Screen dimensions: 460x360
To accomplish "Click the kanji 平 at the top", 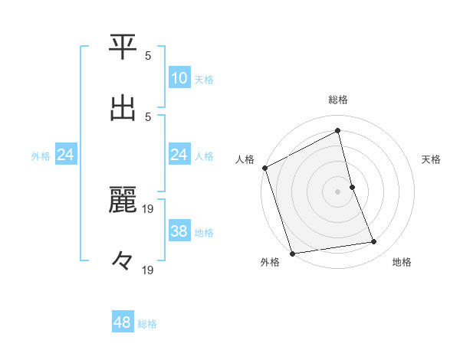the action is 123,47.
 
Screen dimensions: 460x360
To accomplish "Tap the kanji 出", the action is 123,108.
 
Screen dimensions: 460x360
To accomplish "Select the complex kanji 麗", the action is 123,201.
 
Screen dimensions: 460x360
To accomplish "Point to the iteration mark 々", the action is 123,260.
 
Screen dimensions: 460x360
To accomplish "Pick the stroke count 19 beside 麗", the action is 149,208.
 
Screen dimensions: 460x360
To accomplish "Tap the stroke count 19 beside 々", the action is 149,269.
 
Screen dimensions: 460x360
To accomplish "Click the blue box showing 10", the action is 179,77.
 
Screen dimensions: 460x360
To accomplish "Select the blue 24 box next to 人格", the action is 179,155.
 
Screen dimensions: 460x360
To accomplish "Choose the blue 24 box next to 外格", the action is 66,155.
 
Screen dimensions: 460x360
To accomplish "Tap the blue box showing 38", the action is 179,231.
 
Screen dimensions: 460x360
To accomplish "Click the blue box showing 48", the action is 123,322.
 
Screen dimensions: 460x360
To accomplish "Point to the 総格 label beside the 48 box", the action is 147,324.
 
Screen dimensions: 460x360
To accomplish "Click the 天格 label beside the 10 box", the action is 204,80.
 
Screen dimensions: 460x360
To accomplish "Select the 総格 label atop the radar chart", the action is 338,100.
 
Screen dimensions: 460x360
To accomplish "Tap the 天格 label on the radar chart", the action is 431,159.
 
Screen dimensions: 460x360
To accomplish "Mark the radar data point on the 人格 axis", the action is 265,168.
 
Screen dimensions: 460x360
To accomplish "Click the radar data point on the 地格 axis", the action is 374,242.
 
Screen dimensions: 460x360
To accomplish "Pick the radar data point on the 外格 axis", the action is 292,253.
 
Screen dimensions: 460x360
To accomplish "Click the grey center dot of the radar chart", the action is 338,191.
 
